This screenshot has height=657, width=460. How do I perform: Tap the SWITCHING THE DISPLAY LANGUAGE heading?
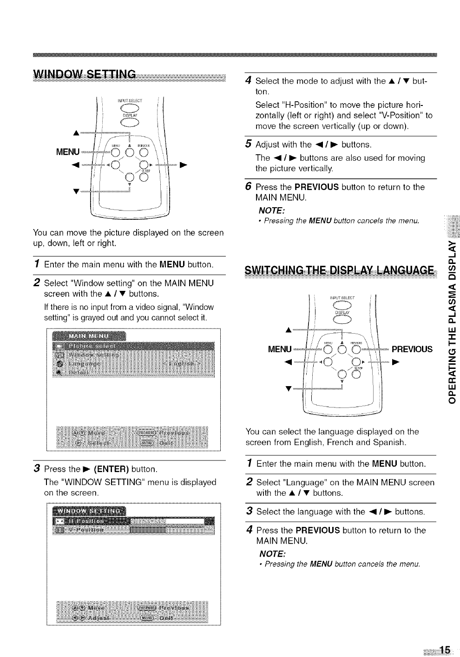coord(341,270)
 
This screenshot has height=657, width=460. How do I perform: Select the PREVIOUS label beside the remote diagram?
coord(412,349)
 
